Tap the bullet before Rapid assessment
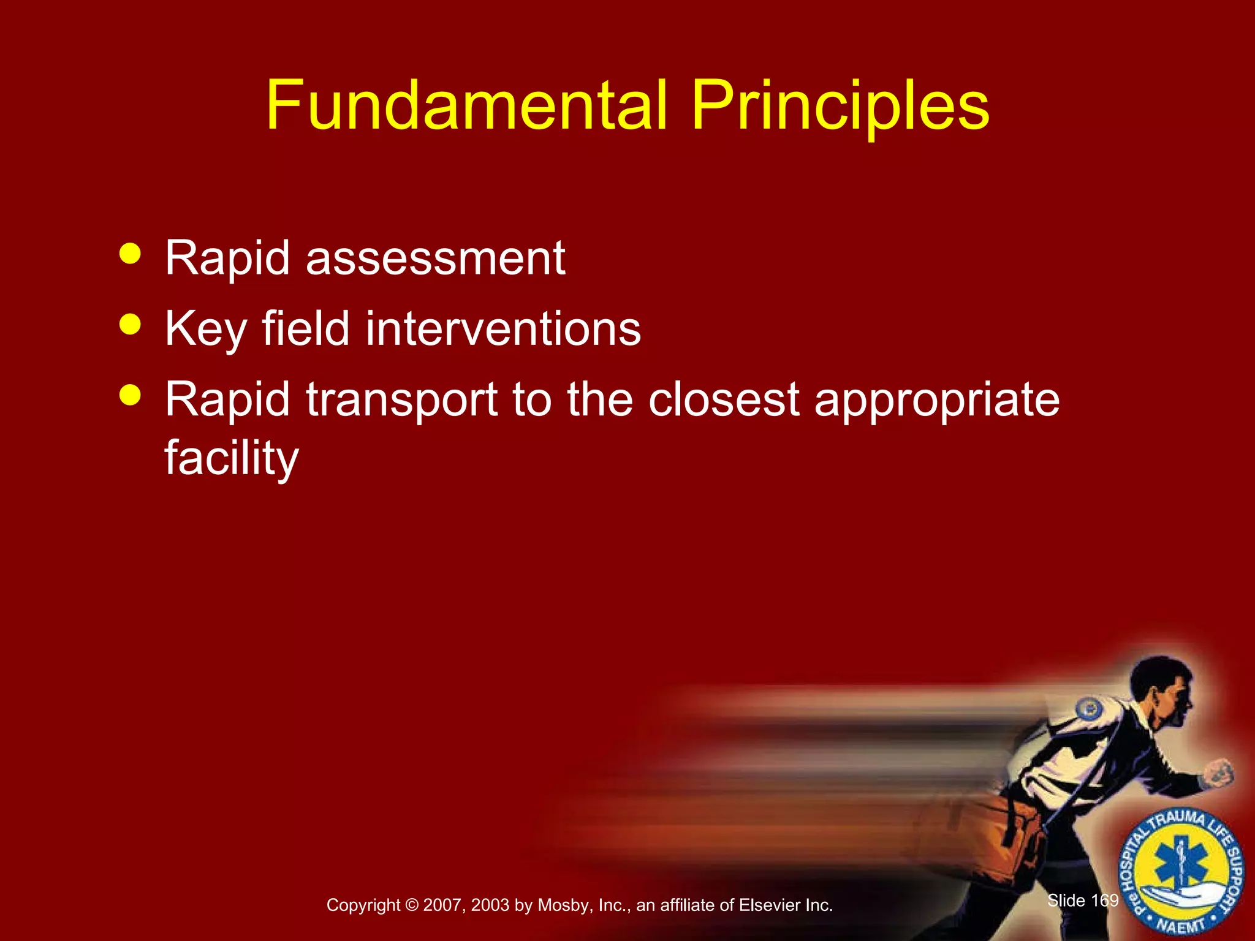(x=130, y=253)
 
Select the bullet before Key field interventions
(x=130, y=324)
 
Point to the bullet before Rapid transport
(x=130, y=395)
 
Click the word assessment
(x=435, y=259)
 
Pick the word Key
(x=205, y=330)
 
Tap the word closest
(x=724, y=399)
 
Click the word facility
(x=231, y=458)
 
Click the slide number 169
(x=1104, y=900)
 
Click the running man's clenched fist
(x=1218, y=773)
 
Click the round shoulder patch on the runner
(x=1090, y=710)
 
